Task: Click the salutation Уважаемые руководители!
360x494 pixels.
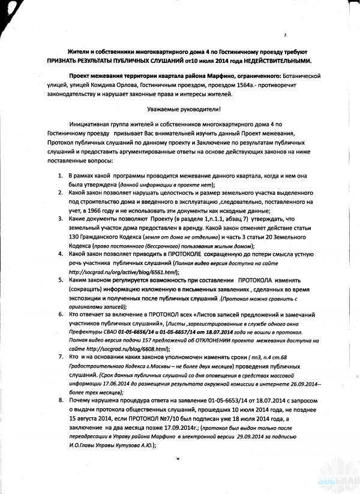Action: pos(184,109)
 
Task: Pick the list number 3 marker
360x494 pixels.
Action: pos(61,220)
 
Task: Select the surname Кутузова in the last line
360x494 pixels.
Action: pos(135,450)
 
